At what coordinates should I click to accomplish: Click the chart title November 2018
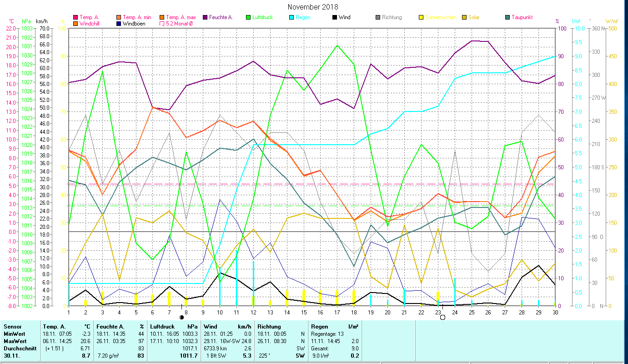point(313,7)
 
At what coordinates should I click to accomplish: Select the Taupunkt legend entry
point(522,17)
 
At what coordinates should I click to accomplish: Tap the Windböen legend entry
point(134,23)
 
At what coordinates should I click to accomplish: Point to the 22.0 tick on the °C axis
point(10,28)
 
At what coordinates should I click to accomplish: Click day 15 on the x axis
point(304,312)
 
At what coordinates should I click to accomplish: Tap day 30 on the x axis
point(555,312)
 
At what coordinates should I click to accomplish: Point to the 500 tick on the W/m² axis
point(613,28)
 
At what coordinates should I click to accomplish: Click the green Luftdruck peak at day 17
point(337,45)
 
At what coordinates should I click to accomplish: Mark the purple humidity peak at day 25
point(472,41)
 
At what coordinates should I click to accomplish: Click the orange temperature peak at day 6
point(153,107)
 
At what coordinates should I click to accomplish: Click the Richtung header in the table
point(269,326)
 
